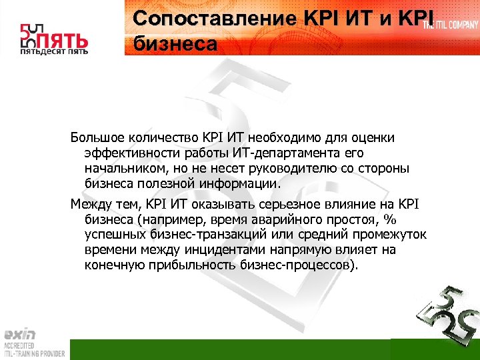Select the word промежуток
pos(385,235)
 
